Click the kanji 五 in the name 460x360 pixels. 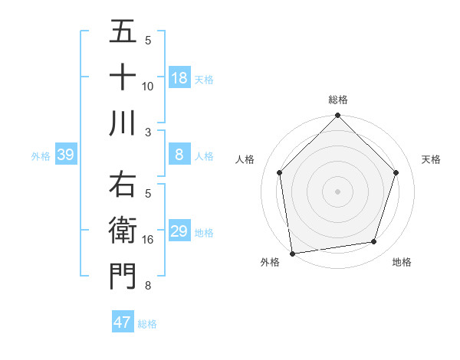(x=123, y=32)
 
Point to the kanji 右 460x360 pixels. (x=123, y=186)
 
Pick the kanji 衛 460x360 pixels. (x=123, y=231)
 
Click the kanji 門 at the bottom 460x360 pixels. (x=123, y=276)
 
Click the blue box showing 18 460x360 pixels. (x=179, y=77)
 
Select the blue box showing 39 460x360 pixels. (x=65, y=155)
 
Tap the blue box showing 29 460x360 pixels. (x=179, y=231)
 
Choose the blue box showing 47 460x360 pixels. (x=123, y=322)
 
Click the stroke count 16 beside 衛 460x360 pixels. (x=148, y=241)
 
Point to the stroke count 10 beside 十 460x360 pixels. (x=148, y=86)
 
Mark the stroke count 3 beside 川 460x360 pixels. (x=148, y=132)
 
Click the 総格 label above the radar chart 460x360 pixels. (x=338, y=100)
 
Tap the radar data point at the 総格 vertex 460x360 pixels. (x=338, y=116)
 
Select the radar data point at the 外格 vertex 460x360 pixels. (x=292, y=253)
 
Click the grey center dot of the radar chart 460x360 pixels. (x=338, y=190)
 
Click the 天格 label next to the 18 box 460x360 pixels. (x=204, y=79)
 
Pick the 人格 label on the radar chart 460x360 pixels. (x=245, y=159)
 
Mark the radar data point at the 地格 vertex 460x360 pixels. (x=374, y=242)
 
